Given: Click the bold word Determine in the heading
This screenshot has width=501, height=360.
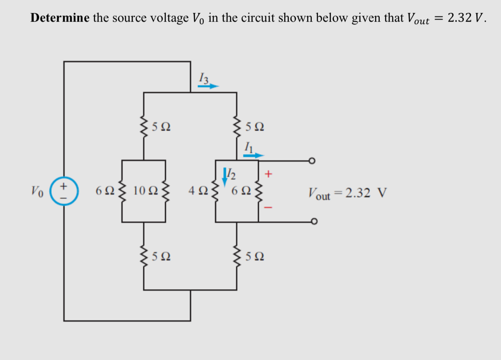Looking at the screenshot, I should pyautogui.click(x=60, y=18).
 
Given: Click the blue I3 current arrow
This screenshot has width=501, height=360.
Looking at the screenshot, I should pyautogui.click(x=208, y=86).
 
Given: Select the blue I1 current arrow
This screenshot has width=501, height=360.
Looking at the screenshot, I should pyautogui.click(x=253, y=155).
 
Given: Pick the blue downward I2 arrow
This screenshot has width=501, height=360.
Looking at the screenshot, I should pyautogui.click(x=225, y=177).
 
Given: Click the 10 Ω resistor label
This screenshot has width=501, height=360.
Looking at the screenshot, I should pyautogui.click(x=145, y=191).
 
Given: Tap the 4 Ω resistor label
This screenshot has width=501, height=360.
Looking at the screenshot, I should pyautogui.click(x=195, y=191).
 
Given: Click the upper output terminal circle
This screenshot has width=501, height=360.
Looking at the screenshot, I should pyautogui.click(x=311, y=161).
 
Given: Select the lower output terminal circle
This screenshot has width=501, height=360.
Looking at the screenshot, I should pyautogui.click(x=311, y=221).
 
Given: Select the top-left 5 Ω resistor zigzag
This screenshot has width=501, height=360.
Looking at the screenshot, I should pyautogui.click(x=144, y=125).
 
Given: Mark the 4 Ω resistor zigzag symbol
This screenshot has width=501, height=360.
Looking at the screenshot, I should pyautogui.click(x=215, y=191).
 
